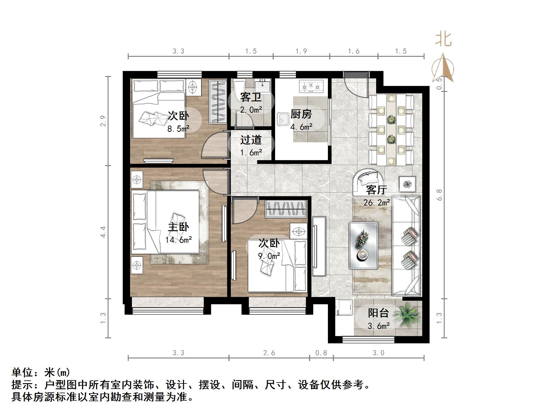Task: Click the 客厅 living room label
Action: coord(376,190)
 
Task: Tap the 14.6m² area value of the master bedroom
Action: coord(179,240)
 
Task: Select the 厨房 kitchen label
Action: coord(301,114)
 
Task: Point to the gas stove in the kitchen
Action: coord(311,86)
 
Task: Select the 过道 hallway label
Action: coord(251,140)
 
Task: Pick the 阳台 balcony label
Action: coord(378,313)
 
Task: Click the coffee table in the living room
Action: coord(363,245)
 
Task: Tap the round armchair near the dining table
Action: coord(367,182)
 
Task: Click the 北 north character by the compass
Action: coord(443,39)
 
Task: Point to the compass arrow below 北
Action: coord(443,69)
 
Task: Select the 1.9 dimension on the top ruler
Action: coord(301,51)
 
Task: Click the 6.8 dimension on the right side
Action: coord(440,195)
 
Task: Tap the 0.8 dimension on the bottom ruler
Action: coord(321,353)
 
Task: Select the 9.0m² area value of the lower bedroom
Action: coord(269,256)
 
